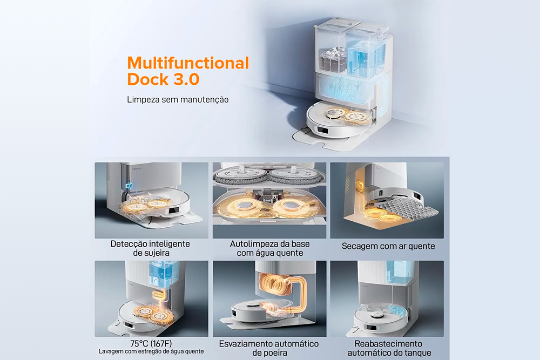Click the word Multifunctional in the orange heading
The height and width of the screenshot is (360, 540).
pos(188,63)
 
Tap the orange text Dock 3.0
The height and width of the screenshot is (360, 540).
pos(163,79)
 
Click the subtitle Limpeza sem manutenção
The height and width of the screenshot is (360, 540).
pos(178,99)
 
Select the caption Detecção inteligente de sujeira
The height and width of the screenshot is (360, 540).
pos(150,248)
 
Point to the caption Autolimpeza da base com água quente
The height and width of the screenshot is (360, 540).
pos(269,248)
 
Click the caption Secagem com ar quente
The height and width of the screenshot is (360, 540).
pos(388,246)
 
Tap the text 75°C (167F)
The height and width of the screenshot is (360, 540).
pos(151,343)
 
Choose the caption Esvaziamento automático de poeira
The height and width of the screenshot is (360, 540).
pos(269,348)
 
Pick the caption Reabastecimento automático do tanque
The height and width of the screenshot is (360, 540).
pos(389,348)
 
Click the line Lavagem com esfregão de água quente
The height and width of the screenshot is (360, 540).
pos(151,351)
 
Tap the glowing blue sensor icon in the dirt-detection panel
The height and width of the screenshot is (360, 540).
pos(129,186)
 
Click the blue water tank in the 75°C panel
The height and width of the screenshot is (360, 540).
pos(163,270)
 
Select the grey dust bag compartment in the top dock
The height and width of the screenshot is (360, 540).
pos(333,60)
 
